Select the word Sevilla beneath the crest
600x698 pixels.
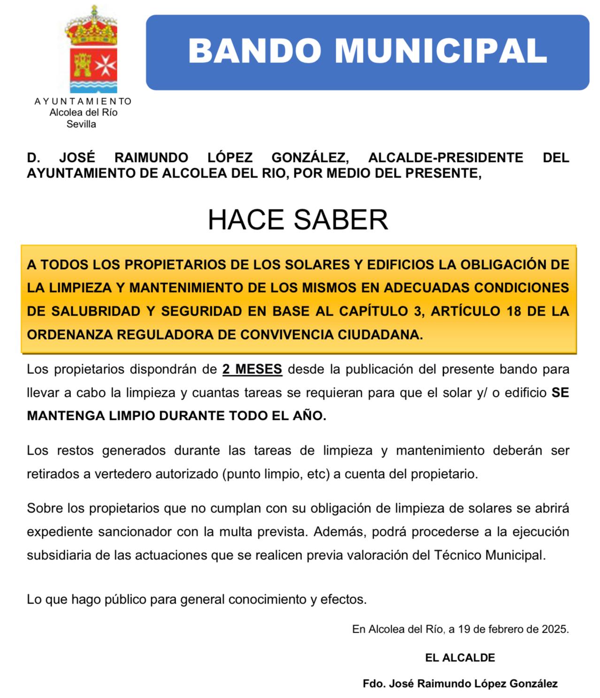[x=81, y=124]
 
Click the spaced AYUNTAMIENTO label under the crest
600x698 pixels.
[x=83, y=101]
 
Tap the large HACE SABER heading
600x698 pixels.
[x=298, y=220]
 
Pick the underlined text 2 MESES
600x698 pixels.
[x=252, y=370]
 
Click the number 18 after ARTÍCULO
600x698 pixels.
[x=515, y=311]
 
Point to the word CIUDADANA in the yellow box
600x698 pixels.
[x=378, y=334]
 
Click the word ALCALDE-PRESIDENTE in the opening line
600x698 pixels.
[x=446, y=157]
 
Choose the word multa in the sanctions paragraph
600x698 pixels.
[x=235, y=532]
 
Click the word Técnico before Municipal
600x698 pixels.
[x=458, y=555]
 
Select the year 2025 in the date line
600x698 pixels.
[x=555, y=629]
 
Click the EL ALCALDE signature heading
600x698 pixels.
[x=460, y=658]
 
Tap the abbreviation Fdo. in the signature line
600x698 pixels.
[x=374, y=684]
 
